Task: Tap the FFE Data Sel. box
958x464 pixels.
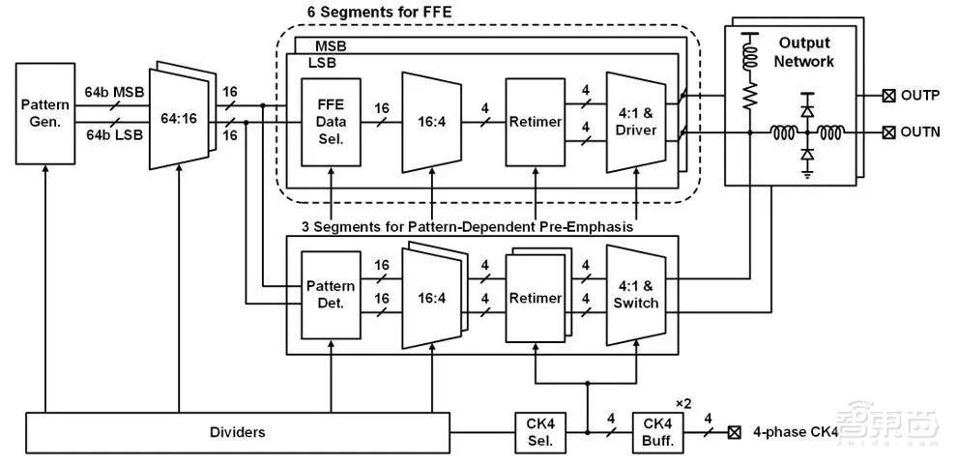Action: tap(331, 123)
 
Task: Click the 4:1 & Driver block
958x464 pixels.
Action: tap(635, 122)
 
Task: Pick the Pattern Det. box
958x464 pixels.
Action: tap(331, 295)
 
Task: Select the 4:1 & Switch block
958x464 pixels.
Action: tap(635, 295)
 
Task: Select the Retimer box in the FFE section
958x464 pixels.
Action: tap(536, 123)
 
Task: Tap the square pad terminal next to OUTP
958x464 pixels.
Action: tap(888, 96)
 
